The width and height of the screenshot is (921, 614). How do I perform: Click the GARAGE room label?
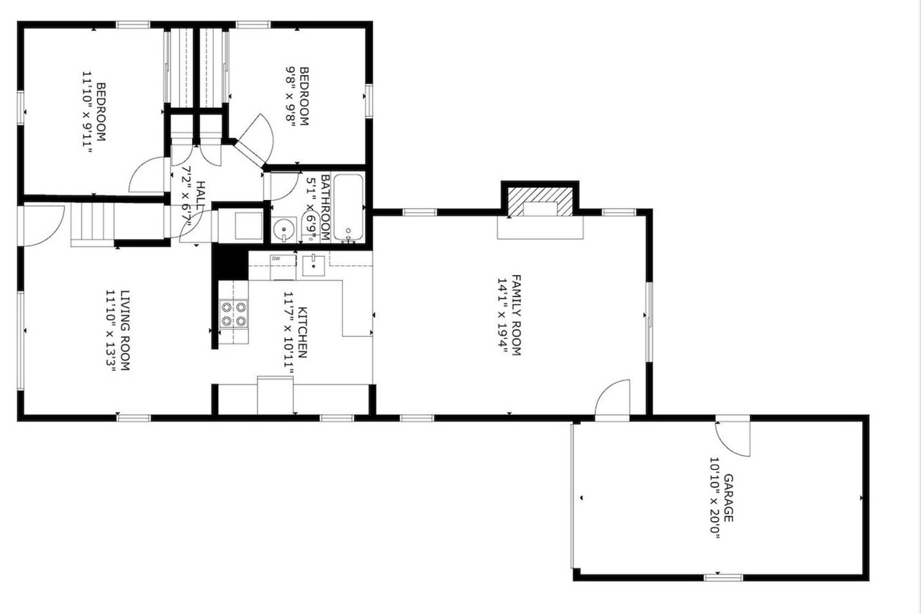point(728,498)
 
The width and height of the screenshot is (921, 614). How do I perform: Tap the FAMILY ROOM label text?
point(516,315)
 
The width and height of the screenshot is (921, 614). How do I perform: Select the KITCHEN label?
point(302,333)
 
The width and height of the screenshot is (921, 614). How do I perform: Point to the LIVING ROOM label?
point(124,330)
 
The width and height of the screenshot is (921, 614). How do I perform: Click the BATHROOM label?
point(325,207)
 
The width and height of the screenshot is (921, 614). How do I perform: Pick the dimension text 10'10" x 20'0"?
point(714,498)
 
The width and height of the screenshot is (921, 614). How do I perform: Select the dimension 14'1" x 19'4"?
point(502,316)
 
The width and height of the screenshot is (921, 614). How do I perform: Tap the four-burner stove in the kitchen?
point(234,314)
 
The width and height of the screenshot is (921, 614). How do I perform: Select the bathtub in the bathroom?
point(348,207)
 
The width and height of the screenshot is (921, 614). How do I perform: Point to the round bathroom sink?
point(283,229)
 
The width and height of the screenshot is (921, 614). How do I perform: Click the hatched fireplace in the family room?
point(540,202)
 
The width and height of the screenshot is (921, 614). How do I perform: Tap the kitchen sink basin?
point(314,266)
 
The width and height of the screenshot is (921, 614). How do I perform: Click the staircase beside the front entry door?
point(92,225)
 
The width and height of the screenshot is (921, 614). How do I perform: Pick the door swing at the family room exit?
point(612,397)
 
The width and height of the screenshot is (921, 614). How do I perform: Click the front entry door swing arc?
point(44,226)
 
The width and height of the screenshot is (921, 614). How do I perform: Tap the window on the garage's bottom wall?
point(723,577)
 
